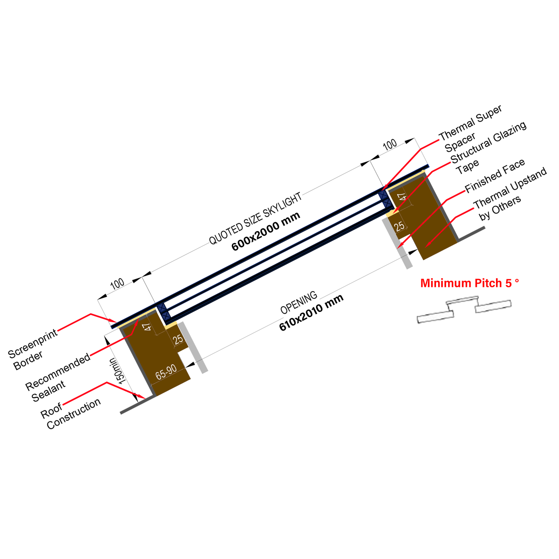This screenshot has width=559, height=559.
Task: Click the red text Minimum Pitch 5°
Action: pyautogui.click(x=469, y=283)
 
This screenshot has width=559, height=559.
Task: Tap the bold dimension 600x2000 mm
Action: pyautogui.click(x=266, y=231)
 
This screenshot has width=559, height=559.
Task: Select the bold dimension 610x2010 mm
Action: pyautogui.click(x=311, y=313)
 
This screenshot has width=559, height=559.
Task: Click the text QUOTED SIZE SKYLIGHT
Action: pyautogui.click(x=255, y=219)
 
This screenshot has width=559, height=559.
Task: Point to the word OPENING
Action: pyautogui.click(x=299, y=303)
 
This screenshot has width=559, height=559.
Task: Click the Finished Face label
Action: pyautogui.click(x=495, y=175)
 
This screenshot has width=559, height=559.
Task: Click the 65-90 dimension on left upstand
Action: pyautogui.click(x=166, y=372)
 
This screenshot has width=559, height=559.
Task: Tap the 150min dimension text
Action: pyautogui.click(x=117, y=371)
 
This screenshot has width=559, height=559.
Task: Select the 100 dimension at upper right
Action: pyautogui.click(x=389, y=145)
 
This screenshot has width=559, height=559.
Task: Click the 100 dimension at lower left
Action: pyautogui.click(x=117, y=284)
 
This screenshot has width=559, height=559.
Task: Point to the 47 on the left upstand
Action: pyautogui.click(x=148, y=327)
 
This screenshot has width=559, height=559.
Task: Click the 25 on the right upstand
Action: pyautogui.click(x=399, y=226)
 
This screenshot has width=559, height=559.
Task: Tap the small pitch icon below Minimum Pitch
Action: pyautogui.click(x=464, y=309)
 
